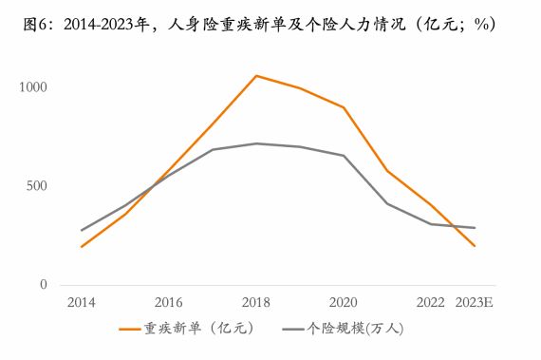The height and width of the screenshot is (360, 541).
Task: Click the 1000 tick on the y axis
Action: coord(35,87)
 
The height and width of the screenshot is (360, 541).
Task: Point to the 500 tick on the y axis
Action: coord(38,186)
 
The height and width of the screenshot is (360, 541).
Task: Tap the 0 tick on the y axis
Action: coord(44,285)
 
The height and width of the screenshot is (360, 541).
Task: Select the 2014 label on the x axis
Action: coord(81,303)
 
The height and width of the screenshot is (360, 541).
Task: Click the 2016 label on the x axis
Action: coord(168,303)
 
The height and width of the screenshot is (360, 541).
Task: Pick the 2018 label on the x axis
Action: coord(255,303)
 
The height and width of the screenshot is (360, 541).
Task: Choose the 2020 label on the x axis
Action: coord(343,303)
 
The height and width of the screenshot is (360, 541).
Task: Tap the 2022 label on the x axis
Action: coord(430,303)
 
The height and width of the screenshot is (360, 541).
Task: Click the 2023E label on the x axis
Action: coord(474,303)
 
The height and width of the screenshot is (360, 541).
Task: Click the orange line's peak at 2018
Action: coord(255,75)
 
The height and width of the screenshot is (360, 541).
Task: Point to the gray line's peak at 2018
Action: coord(255,143)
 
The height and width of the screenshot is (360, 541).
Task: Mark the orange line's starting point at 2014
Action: coord(81,247)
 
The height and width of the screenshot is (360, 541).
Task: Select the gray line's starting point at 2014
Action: coord(81,230)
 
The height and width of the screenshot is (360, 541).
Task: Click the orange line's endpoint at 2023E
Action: coord(474,246)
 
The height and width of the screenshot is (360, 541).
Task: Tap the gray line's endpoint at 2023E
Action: coord(474,228)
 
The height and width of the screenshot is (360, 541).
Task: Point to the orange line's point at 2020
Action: coord(343,107)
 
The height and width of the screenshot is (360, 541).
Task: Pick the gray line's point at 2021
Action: coord(386,203)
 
